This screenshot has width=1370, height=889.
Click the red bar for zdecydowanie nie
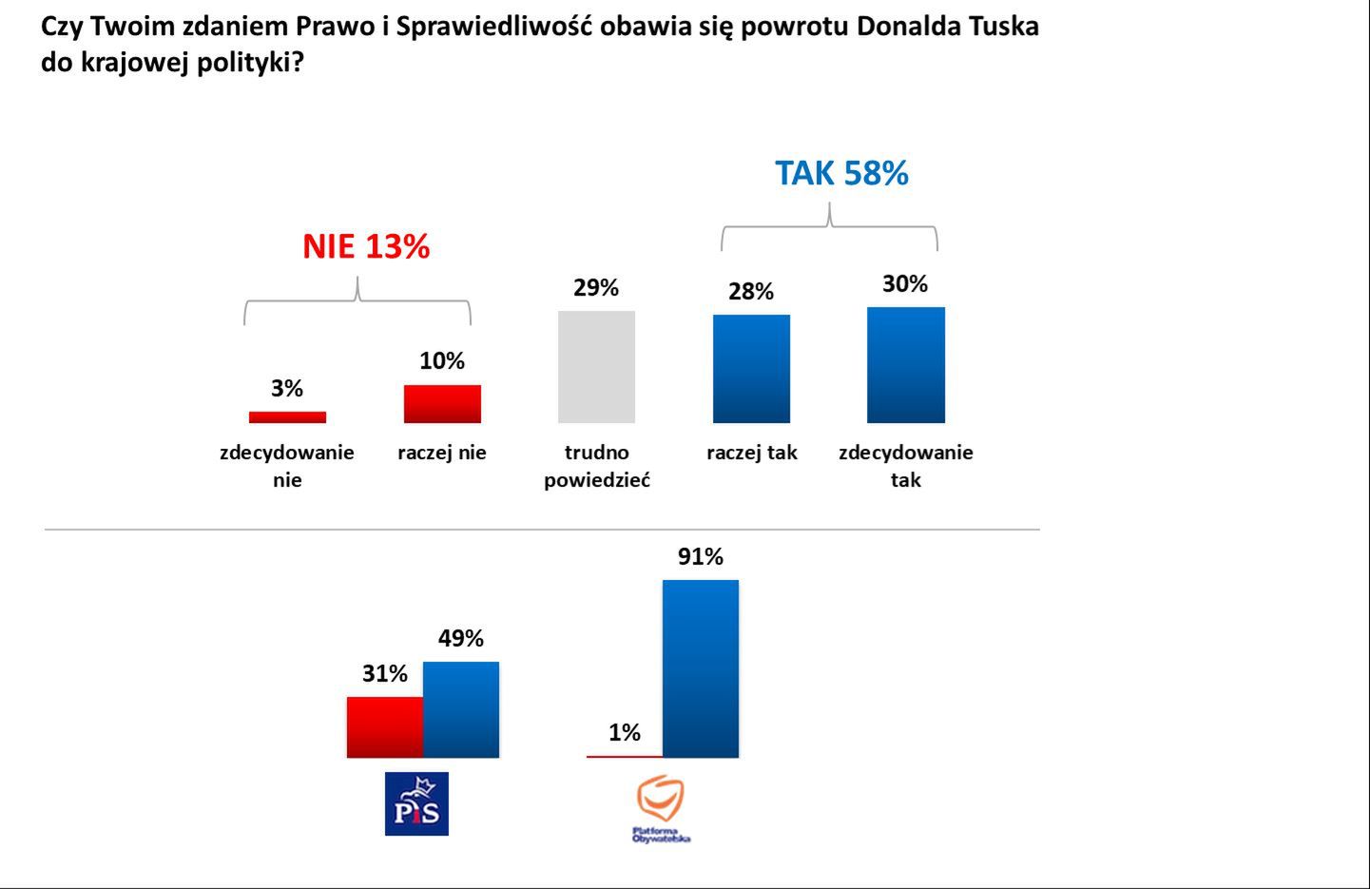click(287, 416)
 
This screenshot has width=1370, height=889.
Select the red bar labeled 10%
click(442, 403)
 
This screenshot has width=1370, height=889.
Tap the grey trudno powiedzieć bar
click(596, 367)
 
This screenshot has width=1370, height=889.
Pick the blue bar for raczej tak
click(751, 369)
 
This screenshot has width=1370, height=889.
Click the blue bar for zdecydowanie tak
click(905, 365)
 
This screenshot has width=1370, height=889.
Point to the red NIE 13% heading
click(366, 247)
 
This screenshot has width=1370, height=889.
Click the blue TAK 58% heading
click(841, 173)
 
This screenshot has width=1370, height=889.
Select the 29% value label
click(596, 287)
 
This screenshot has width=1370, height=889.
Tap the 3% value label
click(287, 388)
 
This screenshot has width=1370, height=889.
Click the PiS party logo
click(416, 803)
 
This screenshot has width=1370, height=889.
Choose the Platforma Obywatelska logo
click(661, 808)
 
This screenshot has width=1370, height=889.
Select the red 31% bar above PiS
click(385, 727)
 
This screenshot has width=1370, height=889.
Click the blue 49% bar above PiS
click(461, 709)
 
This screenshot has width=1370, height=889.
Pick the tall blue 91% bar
click(701, 668)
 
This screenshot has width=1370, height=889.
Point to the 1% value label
click(625, 732)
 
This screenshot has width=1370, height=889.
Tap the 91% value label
click(701, 556)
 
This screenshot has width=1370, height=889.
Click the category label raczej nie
click(442, 453)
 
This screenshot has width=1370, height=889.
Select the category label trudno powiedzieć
click(596, 466)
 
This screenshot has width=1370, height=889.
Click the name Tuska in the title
click(1004, 26)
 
